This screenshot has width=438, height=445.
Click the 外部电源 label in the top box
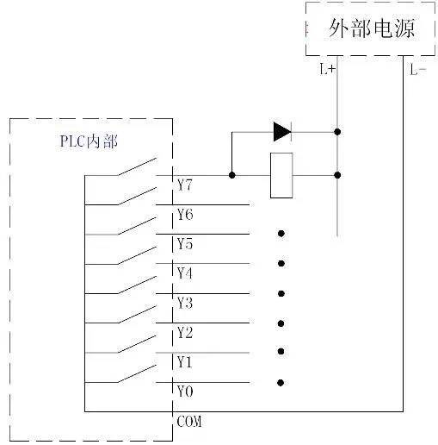[372, 28]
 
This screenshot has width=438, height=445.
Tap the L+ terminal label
[328, 70]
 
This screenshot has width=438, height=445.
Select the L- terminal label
[417, 70]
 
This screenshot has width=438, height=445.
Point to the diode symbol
[281, 131]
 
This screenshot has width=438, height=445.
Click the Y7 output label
[185, 185]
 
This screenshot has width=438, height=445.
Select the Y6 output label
[185, 215]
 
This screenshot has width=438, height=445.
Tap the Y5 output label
[185, 244]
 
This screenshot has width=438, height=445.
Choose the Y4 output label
[185, 273]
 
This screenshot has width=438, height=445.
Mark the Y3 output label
[185, 303]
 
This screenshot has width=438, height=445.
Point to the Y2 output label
[185, 333]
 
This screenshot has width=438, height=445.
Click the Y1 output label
[185, 362]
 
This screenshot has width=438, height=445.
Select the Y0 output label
[185, 392]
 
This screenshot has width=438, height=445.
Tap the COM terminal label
[189, 422]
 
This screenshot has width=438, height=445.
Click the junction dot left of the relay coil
[231, 175]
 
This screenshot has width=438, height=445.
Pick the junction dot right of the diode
[337, 132]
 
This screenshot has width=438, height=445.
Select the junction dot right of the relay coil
[337, 175]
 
